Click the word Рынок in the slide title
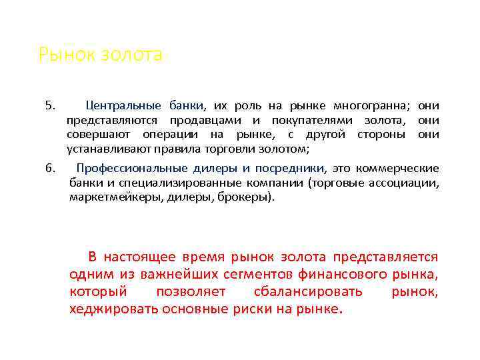[x=59, y=55]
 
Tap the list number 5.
[x=49, y=106]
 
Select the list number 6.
[x=49, y=167]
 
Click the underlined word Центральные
[x=123, y=106]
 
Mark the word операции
[x=179, y=135]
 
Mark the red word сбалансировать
[x=308, y=292]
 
